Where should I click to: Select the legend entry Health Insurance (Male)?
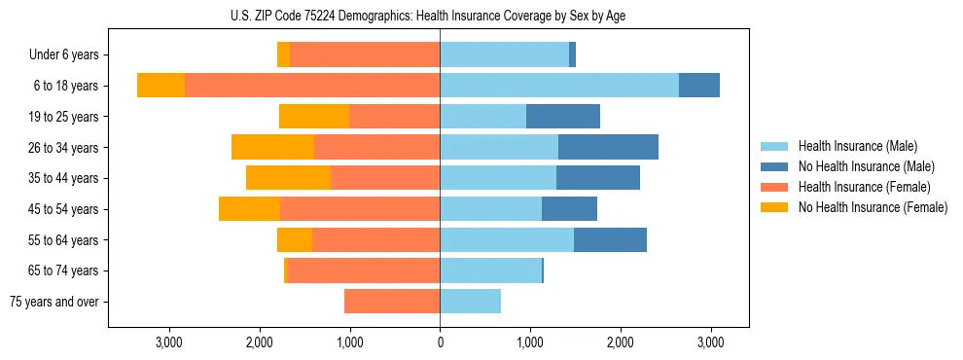coord(857,146)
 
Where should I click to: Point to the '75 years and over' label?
coord(54,303)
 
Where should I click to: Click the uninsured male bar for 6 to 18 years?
coord(698,86)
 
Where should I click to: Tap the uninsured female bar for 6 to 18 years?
coord(160,86)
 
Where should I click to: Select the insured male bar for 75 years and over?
coord(470,302)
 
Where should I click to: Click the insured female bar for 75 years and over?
coord(392,302)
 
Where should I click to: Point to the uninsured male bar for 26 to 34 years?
coord(608,147)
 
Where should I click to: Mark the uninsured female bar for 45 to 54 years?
coord(249,209)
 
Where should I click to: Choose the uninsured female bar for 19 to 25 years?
coord(314,117)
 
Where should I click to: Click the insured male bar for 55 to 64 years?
coord(507,240)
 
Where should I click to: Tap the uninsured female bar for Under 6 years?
coord(283,55)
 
